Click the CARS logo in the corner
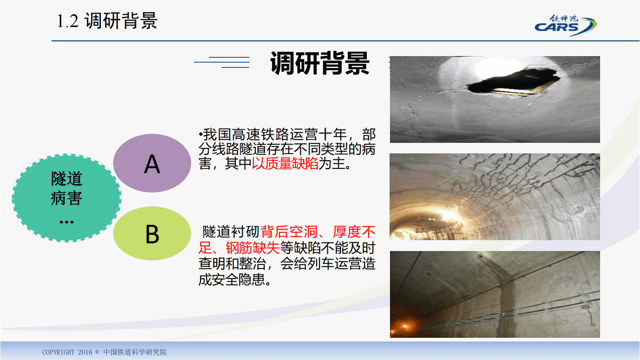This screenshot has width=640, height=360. click(x=565, y=25)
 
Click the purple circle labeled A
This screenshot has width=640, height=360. click(x=152, y=163)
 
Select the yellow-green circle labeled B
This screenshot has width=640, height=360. click(x=152, y=233)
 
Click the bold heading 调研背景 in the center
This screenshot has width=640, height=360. click(x=319, y=63)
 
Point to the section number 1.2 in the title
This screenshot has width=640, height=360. click(x=67, y=21)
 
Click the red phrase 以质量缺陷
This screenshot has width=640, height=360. click(x=285, y=163)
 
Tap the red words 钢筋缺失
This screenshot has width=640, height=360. click(x=252, y=248)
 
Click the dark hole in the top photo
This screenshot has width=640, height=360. click(x=512, y=83)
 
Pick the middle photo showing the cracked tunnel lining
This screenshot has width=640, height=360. click(x=495, y=197)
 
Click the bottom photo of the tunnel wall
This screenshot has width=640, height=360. click(x=495, y=294)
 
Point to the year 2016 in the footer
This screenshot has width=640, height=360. click(x=85, y=352)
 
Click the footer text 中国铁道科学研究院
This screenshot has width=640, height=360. click(x=135, y=352)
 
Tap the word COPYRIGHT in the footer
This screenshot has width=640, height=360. click(x=58, y=352)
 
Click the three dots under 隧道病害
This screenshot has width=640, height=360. click(x=67, y=222)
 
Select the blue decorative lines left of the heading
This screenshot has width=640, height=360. click(x=222, y=62)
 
